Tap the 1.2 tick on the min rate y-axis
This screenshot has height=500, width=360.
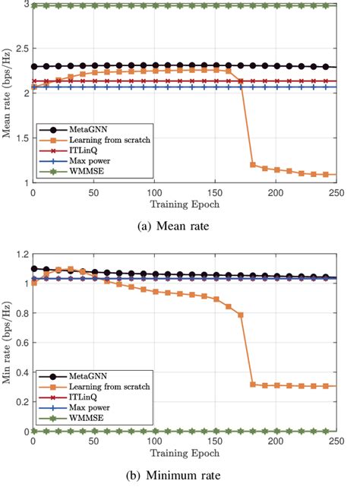[21, 255]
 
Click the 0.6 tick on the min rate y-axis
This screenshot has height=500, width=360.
[21, 343]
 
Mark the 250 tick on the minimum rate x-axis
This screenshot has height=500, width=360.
[335, 441]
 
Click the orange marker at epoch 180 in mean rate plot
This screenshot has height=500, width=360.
[252, 164]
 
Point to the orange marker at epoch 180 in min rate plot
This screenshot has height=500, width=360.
[252, 384]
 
